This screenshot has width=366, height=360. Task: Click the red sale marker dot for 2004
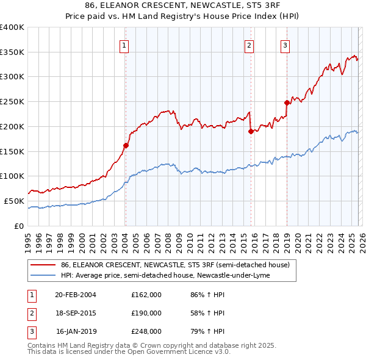coord(126,145)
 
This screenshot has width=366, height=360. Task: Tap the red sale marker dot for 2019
coord(287,103)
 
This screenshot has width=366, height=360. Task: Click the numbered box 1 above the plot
coord(124,45)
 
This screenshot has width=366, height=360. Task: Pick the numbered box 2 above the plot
coord(249,45)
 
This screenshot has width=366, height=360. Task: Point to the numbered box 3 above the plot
coord(285,45)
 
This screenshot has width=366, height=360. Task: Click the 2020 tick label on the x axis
coord(297,237)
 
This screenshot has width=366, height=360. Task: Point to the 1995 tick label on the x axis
coord(28,237)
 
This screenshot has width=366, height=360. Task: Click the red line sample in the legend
coord(43,265)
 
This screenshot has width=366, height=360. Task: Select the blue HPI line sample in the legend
coord(43,275)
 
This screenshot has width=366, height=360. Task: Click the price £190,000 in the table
coord(146,313)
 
